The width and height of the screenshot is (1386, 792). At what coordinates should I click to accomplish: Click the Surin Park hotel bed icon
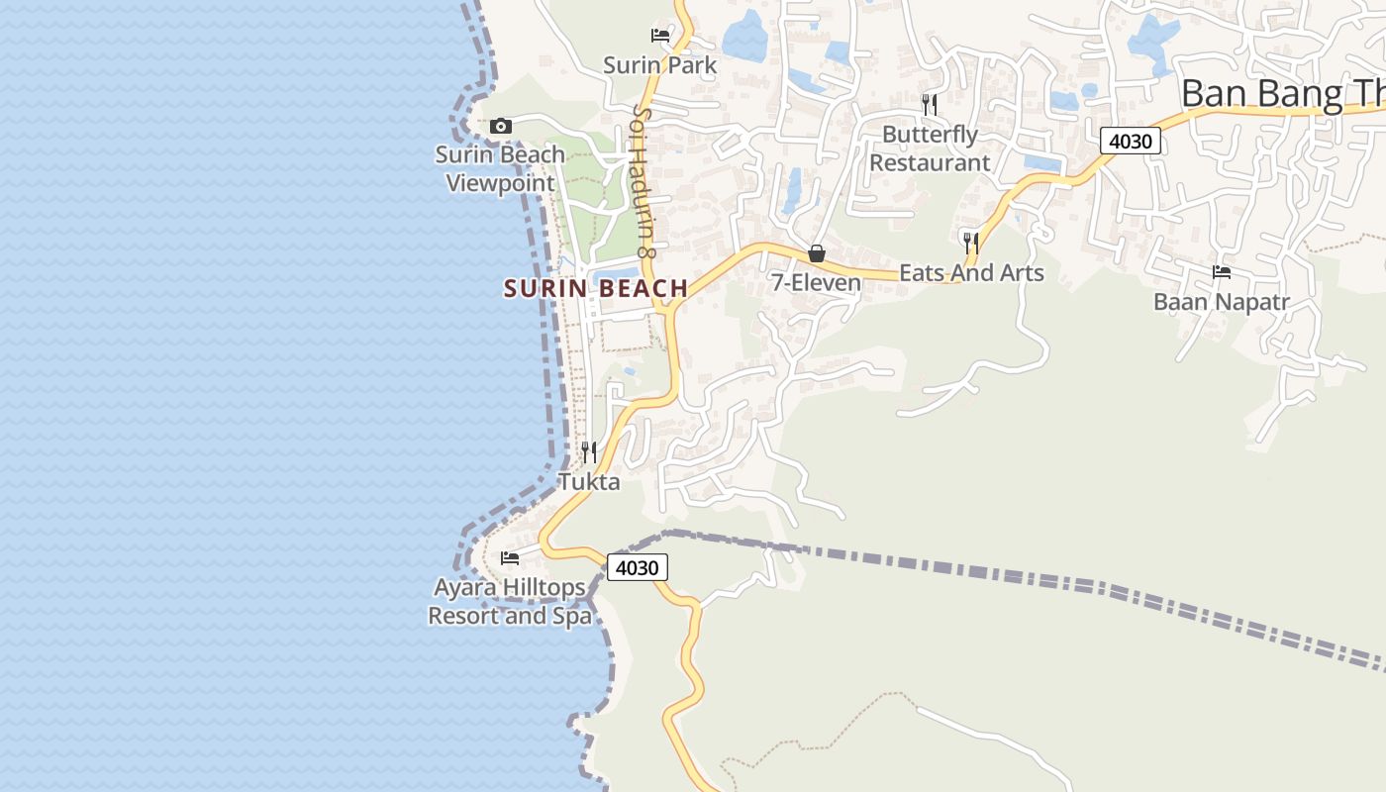660,36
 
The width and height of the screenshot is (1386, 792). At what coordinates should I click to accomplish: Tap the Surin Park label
659,65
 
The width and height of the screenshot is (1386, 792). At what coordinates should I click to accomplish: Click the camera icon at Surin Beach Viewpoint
501,126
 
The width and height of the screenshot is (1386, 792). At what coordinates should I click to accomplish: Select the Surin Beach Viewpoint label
500,168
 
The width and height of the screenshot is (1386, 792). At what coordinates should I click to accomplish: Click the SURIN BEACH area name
596,289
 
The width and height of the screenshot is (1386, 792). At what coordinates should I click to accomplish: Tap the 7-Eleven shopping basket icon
817,253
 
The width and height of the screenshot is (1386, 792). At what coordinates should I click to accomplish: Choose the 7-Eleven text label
817,283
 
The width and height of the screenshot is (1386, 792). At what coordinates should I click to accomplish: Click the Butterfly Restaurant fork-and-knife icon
929,104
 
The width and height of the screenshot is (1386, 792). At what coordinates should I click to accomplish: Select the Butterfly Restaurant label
930,148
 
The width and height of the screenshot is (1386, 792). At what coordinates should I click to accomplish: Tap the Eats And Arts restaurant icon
971,243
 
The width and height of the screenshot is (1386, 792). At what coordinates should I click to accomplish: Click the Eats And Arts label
971,272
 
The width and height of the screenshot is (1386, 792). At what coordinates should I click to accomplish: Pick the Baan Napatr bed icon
1222,272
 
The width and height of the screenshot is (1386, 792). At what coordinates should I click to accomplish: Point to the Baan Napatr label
1222,302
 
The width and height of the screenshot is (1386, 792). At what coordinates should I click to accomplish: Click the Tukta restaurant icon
589,452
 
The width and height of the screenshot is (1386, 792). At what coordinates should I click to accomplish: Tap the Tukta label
589,482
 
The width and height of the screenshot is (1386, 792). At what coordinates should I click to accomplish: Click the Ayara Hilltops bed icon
510,558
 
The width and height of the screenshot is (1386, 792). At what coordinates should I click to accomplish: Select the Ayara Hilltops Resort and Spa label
510,602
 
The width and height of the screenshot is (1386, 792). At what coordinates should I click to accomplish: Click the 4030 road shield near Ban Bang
1130,141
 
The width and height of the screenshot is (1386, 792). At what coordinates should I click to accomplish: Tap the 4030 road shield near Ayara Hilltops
637,568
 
